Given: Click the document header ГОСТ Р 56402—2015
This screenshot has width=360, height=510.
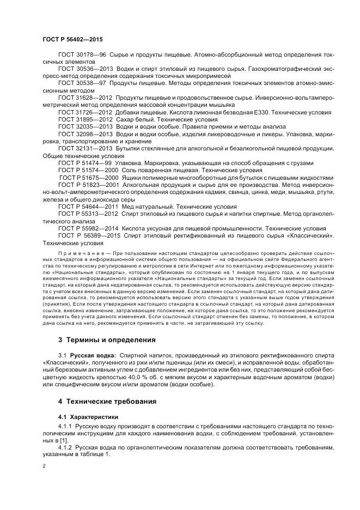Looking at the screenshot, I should tap(72, 40).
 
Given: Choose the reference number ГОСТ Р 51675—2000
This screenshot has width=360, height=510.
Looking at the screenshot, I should tap(88, 178).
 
